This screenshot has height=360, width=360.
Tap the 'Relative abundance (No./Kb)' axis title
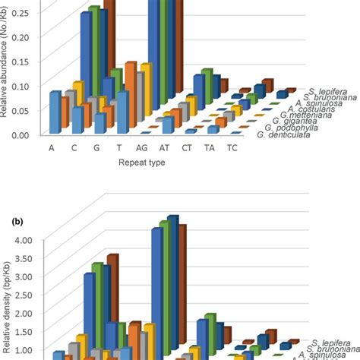click(6, 72)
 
